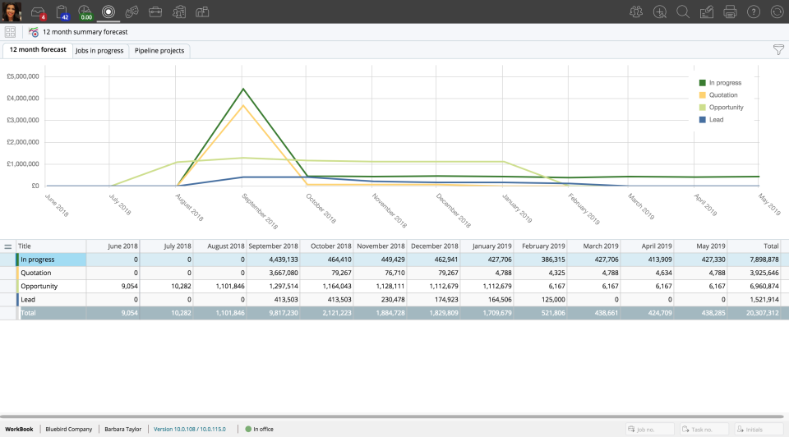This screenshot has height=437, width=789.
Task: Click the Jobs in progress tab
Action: pyautogui.click(x=99, y=51)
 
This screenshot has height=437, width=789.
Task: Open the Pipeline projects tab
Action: pyautogui.click(x=160, y=51)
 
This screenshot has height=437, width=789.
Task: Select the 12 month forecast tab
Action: pyautogui.click(x=38, y=50)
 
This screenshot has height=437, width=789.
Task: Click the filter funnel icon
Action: pyautogui.click(x=778, y=50)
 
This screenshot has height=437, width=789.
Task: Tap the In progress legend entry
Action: pyautogui.click(x=725, y=83)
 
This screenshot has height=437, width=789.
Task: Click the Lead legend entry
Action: pyautogui.click(x=716, y=120)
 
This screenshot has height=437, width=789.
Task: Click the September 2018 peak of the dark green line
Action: pyautogui.click(x=243, y=89)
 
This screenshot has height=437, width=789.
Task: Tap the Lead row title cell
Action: pyautogui.click(x=49, y=300)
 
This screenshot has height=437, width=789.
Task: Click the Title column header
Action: pyautogui.click(x=49, y=246)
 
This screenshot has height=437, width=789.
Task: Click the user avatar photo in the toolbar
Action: pyautogui.click(x=12, y=11)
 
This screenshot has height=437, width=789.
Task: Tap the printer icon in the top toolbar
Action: pyautogui.click(x=730, y=11)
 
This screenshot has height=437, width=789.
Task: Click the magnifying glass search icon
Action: pyautogui.click(x=682, y=11)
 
